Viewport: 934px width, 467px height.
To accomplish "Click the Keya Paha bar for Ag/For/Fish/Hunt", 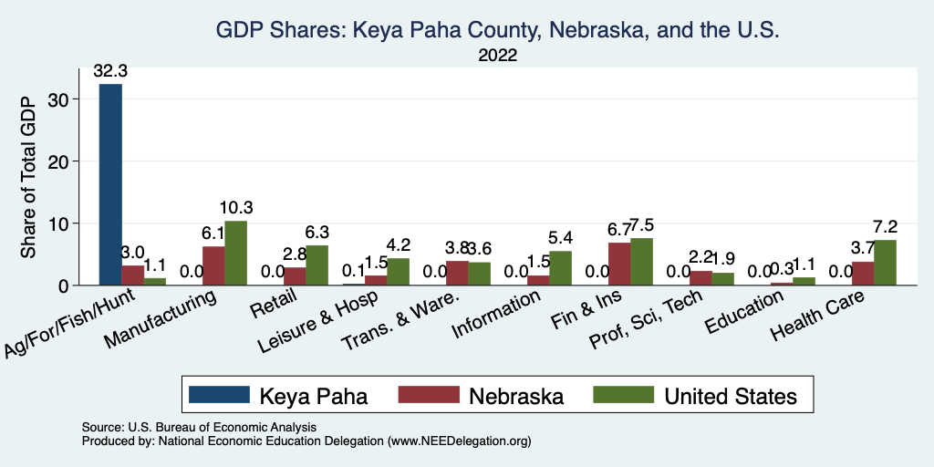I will [110, 184].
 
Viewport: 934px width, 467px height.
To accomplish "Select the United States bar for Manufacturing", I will [236, 253].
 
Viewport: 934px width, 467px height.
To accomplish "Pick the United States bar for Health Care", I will [885, 263].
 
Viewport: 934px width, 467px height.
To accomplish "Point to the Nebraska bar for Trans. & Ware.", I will [457, 273].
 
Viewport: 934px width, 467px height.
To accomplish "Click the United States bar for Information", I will [560, 268].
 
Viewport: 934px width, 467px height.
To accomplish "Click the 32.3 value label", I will [110, 69].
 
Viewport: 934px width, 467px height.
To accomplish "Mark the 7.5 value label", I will [643, 225].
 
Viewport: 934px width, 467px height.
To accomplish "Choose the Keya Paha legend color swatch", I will [219, 395].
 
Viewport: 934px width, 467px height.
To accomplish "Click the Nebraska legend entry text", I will [516, 396].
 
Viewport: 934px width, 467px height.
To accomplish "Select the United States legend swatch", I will [623, 395].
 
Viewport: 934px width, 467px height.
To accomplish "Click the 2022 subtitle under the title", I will [497, 55].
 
